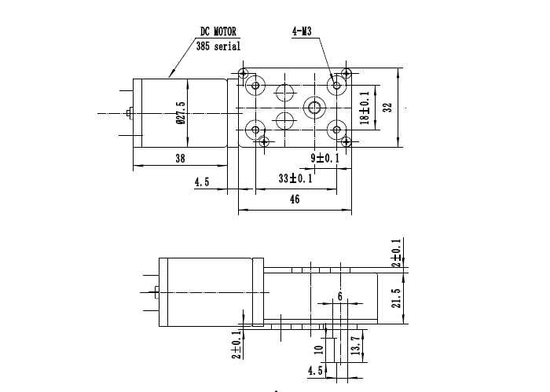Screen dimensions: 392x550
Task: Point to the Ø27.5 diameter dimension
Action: (181, 115)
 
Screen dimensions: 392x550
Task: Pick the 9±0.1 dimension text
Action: (324, 159)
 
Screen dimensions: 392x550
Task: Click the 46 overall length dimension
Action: (295, 200)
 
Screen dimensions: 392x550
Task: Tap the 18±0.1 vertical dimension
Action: (365, 108)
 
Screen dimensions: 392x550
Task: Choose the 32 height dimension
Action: (387, 108)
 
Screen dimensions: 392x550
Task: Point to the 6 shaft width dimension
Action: (339, 295)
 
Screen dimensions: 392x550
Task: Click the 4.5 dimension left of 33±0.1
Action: (202, 182)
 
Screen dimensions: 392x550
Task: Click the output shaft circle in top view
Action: (315, 107)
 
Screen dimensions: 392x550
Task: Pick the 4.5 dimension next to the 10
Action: (315, 372)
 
